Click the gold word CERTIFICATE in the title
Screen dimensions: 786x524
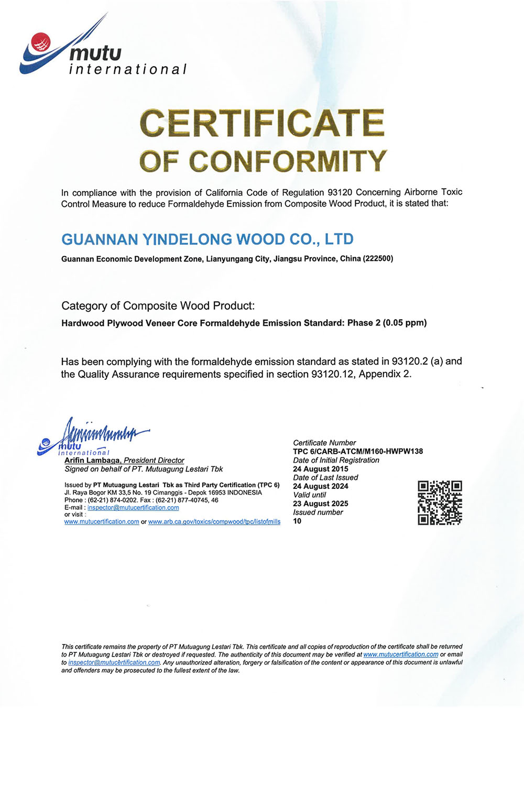[262, 124]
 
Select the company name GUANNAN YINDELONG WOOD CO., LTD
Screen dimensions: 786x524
[208, 239]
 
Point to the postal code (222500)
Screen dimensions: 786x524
[378, 258]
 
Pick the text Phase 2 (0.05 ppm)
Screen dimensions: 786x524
[387, 323]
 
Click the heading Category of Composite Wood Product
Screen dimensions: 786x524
[158, 305]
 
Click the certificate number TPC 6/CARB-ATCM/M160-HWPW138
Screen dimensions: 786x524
[358, 451]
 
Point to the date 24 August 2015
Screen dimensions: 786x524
[320, 469]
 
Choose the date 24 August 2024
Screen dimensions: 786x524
[320, 486]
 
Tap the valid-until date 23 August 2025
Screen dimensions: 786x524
[320, 504]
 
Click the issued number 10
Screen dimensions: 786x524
[297, 521]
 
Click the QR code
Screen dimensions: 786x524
[440, 503]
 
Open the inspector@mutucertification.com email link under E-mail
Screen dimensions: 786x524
[133, 507]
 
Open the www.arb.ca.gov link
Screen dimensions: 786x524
[214, 521]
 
